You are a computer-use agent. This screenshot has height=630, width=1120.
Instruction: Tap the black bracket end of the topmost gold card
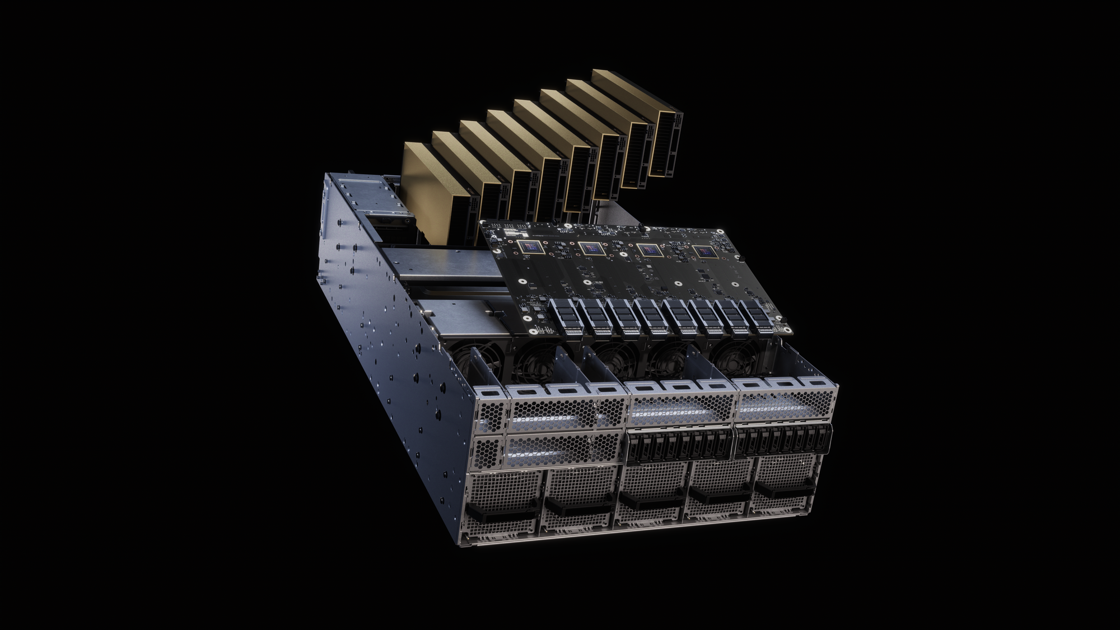coord(670,143)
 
